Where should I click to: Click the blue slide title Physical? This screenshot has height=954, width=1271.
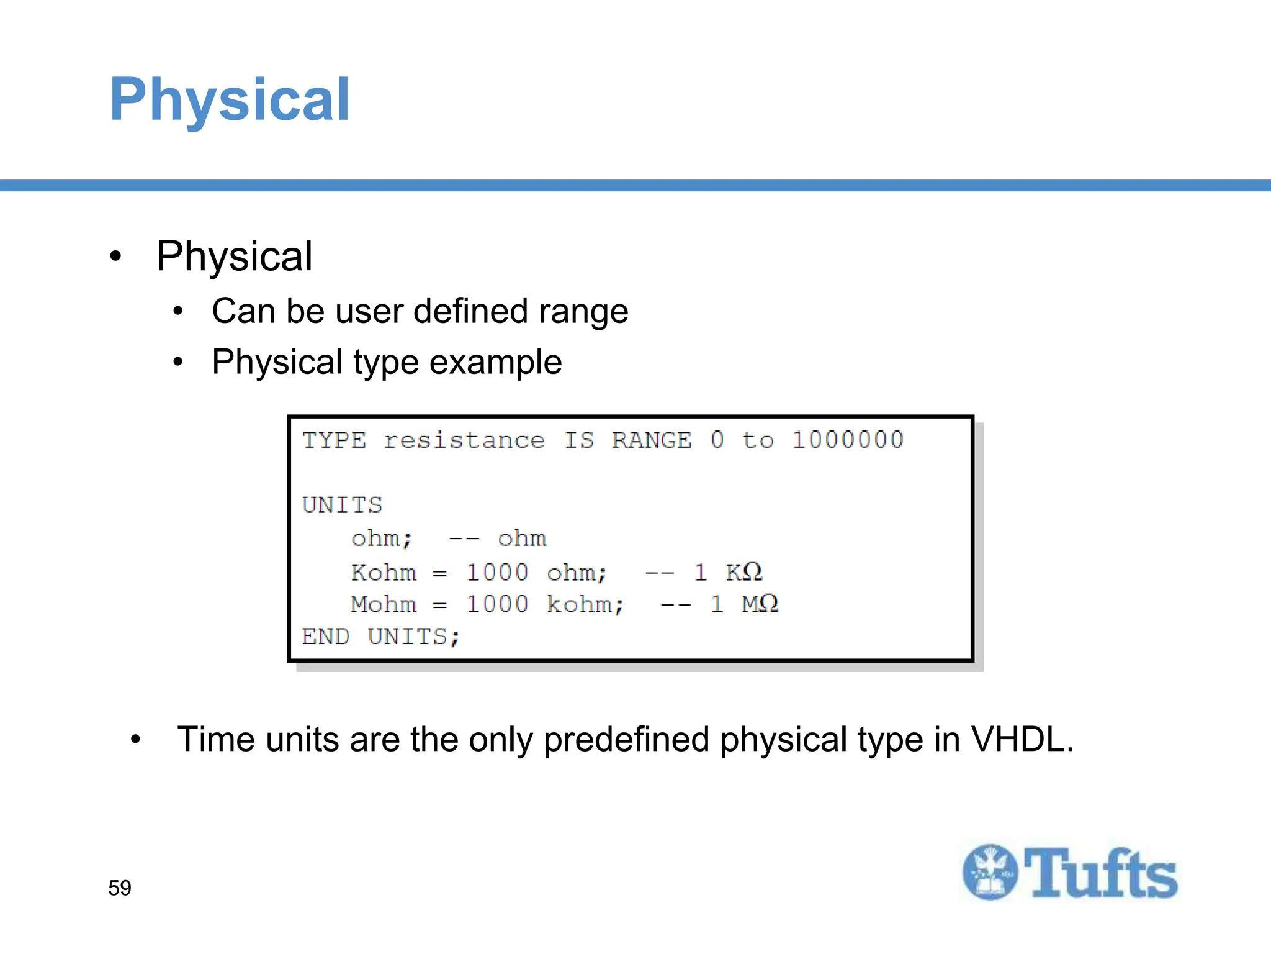pyautogui.click(x=230, y=99)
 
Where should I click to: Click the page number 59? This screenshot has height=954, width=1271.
pyautogui.click(x=120, y=888)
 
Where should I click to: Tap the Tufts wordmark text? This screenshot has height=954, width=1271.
pyautogui.click(x=1100, y=874)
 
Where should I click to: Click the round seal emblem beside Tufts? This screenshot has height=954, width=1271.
pyautogui.click(x=990, y=872)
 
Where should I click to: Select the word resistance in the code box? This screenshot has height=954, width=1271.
pyautogui.click(x=464, y=440)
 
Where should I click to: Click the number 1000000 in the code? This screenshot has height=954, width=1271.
pyautogui.click(x=848, y=440)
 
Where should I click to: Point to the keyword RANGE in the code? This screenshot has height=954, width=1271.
pyautogui.click(x=652, y=440)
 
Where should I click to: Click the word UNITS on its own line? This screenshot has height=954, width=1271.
pyautogui.click(x=342, y=505)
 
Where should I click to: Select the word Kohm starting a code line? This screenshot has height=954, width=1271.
pyautogui.click(x=383, y=572)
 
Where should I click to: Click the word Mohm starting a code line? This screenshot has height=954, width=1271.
pyautogui.click(x=383, y=604)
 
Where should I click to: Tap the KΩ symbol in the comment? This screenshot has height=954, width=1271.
pyautogui.click(x=743, y=572)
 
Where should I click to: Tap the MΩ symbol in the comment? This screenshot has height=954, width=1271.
pyautogui.click(x=760, y=604)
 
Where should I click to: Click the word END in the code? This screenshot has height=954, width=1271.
pyautogui.click(x=325, y=637)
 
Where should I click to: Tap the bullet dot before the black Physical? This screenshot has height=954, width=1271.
pyautogui.click(x=115, y=257)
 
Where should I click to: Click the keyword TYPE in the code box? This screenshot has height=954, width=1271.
pyautogui.click(x=334, y=440)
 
